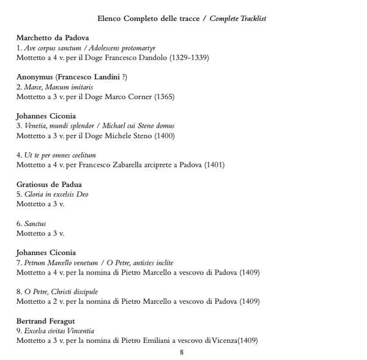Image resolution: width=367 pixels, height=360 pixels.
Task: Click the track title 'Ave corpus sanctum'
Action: [53, 48]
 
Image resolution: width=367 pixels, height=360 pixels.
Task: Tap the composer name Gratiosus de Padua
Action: [49, 184]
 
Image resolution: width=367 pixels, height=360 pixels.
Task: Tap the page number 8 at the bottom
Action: [182, 351]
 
